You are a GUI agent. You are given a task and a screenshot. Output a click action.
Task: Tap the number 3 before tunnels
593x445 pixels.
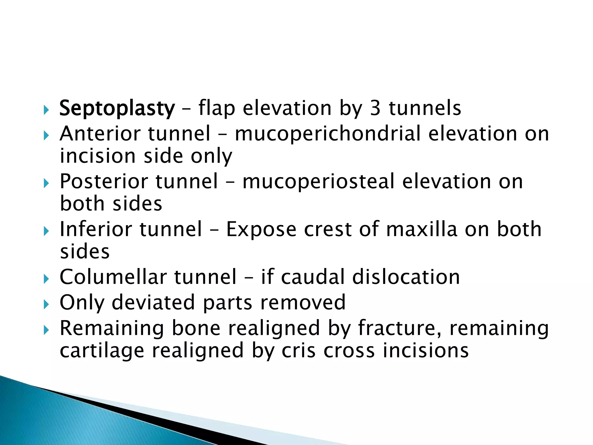(x=375, y=108)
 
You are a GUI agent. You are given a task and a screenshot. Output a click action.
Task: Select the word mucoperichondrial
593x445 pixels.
(x=327, y=134)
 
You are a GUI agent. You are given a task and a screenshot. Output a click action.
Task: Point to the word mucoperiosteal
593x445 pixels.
(x=319, y=182)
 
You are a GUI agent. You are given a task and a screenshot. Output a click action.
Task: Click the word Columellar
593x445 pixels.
(x=113, y=277)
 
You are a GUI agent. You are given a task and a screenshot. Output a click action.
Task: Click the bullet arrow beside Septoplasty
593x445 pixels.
(x=46, y=110)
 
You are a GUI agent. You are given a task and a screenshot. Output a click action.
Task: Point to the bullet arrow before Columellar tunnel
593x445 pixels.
(x=46, y=279)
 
